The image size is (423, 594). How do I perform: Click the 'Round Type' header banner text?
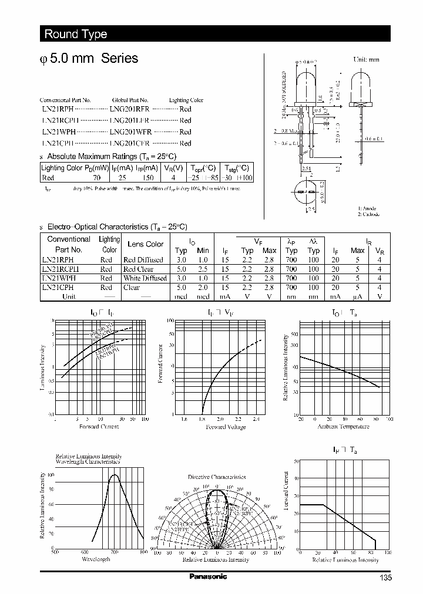pos(76,34)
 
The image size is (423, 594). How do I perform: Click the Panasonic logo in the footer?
pos(208,576)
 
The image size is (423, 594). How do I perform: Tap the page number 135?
pos(384,578)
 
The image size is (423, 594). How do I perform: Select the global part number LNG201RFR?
pos(130,109)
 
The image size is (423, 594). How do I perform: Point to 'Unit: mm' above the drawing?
pos(366,60)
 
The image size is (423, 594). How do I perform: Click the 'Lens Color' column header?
pos(146,244)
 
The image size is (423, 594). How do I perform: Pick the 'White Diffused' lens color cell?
pos(145,278)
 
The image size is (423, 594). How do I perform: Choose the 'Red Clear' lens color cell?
pos(138,269)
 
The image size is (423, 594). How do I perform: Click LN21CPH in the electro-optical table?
pos(58,288)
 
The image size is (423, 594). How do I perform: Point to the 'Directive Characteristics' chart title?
pos(217,477)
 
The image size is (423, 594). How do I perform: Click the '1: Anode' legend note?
pos(367,208)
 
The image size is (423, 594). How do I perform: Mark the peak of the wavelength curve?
pos(115,475)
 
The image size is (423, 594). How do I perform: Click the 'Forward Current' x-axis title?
pos(99,427)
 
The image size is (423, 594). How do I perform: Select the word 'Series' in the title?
pos(120,58)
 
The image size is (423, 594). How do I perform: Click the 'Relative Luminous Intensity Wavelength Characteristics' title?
pos(89,459)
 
